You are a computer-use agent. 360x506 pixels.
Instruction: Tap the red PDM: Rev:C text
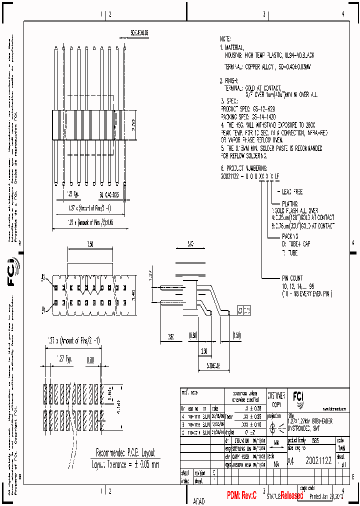(x=241, y=495)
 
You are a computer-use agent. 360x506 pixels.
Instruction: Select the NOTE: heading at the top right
(x=226, y=38)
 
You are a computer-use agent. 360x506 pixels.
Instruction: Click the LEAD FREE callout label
(x=292, y=191)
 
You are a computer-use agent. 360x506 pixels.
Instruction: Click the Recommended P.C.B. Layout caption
(x=125, y=451)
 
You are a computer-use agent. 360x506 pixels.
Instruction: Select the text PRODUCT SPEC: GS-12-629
(x=248, y=108)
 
